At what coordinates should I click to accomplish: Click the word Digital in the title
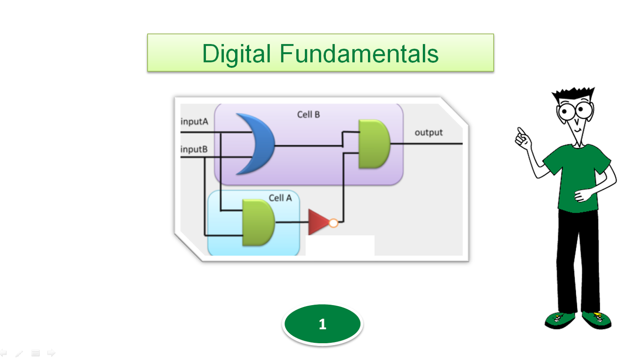[236, 54]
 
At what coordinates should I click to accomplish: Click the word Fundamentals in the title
[359, 54]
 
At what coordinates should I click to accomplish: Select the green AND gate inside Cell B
[374, 144]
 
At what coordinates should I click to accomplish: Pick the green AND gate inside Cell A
[258, 222]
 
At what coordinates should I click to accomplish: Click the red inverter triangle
[318, 222]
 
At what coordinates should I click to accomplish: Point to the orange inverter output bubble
[333, 223]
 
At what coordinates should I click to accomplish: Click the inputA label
[195, 122]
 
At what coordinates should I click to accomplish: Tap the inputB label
[194, 149]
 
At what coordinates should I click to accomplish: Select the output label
[429, 132]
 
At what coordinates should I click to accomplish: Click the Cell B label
[308, 115]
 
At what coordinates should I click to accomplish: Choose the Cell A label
[280, 198]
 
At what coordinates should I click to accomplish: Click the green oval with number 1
[322, 324]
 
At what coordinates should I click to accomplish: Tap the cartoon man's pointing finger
[520, 131]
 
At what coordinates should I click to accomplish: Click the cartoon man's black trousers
[578, 261]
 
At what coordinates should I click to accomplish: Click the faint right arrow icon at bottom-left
[51, 353]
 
